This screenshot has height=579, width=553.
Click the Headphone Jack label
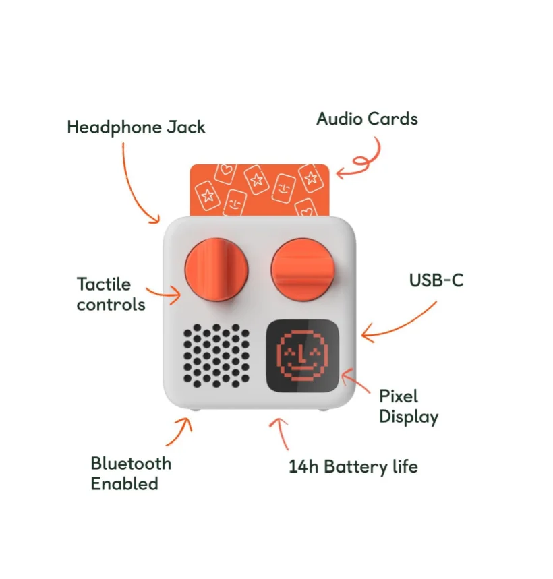pos(136,127)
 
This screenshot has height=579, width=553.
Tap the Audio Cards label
pos(367,119)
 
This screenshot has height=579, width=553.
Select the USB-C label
pos(436,280)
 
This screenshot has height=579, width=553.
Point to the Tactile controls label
pos(111,294)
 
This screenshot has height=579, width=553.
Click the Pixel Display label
pos(408,406)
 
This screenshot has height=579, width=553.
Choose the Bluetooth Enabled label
pos(131,473)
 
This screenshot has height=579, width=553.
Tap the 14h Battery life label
pos(353,466)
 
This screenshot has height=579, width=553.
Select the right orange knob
pos(304,269)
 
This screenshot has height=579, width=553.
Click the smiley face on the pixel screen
pos(302,357)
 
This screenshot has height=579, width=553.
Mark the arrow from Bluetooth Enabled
pos(179,431)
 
